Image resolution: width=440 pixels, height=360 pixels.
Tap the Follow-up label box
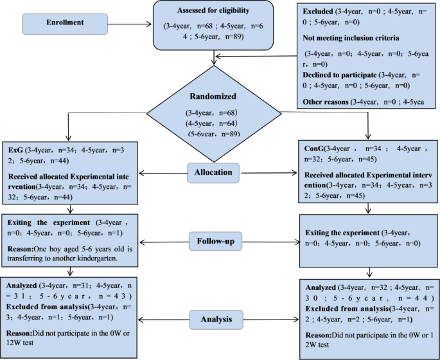click(220, 242)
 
